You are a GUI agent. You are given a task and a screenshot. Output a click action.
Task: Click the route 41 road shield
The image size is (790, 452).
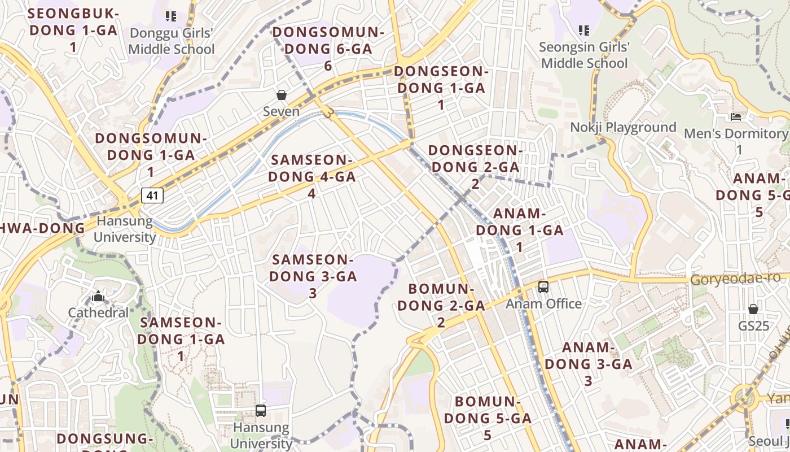[x=152, y=195]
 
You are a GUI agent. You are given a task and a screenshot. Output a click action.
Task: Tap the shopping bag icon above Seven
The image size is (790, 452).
[x=282, y=95]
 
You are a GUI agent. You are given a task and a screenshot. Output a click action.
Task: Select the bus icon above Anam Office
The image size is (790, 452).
[x=543, y=287]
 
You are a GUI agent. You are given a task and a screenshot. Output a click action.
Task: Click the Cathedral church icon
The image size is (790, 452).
[x=98, y=296]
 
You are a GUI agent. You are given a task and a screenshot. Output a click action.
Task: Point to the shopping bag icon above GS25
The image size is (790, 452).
[x=753, y=309]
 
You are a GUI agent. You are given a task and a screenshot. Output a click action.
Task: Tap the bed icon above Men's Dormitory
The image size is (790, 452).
[x=736, y=117]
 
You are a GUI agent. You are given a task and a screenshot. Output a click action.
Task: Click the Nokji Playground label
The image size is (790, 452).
[x=623, y=127]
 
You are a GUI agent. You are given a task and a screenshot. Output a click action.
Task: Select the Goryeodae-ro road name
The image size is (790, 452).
[x=735, y=278]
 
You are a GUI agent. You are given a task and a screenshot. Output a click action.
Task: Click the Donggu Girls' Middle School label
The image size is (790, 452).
[x=172, y=41]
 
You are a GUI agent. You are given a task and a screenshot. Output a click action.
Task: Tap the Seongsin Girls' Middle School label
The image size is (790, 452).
[x=584, y=55]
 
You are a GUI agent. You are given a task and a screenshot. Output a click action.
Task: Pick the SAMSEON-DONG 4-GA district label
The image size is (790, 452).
[x=312, y=176]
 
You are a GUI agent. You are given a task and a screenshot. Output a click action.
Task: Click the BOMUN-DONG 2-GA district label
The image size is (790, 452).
[x=441, y=305]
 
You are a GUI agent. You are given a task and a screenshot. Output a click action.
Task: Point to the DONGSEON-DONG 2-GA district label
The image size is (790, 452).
[x=475, y=166]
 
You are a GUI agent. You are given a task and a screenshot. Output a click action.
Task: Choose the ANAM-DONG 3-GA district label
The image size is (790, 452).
[x=589, y=363]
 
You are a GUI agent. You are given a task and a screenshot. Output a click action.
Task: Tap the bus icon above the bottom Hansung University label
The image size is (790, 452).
[x=261, y=411]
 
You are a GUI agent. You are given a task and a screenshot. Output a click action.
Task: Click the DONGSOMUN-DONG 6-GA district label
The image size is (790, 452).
[x=328, y=49]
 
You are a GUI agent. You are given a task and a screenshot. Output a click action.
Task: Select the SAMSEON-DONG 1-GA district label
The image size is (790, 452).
[x=181, y=339]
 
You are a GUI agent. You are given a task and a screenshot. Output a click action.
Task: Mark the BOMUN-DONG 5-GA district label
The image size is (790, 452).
[x=488, y=418]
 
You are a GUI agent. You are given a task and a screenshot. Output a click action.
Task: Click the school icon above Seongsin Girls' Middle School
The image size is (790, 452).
[x=584, y=30]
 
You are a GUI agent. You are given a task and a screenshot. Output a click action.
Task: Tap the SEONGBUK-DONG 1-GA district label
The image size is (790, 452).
[x=73, y=29]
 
